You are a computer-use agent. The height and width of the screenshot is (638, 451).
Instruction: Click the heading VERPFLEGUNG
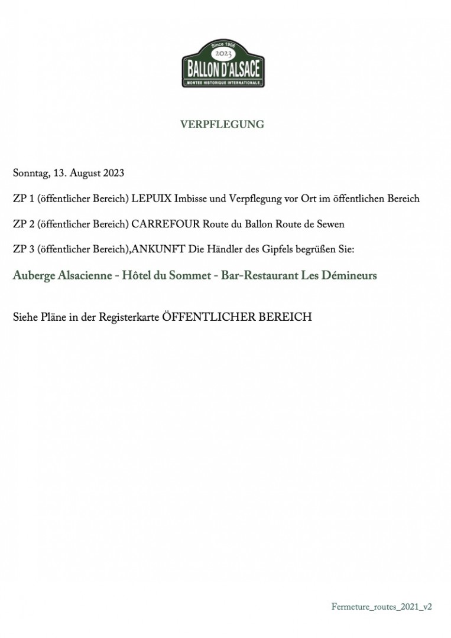coord(222,125)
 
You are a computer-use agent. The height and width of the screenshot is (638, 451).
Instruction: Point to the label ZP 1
coord(23,198)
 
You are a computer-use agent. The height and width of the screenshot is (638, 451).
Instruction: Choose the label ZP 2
coord(23,224)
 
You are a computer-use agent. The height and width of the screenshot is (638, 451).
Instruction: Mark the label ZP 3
coord(23,249)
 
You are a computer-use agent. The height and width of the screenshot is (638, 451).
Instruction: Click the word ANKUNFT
coord(158,249)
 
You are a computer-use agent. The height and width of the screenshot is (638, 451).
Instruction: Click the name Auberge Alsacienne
coord(63,276)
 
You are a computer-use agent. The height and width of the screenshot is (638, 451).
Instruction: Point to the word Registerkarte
coord(129,317)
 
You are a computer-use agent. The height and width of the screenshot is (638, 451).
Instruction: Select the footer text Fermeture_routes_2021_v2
coord(382,607)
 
